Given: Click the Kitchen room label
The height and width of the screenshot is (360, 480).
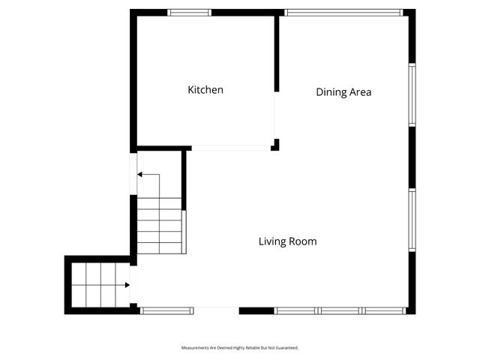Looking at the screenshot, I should (205, 90).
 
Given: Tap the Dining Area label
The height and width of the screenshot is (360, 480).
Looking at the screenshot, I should (343, 92).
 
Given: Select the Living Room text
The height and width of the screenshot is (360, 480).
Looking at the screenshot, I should (287, 241).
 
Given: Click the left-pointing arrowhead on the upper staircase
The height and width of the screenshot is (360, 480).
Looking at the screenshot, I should (140, 175).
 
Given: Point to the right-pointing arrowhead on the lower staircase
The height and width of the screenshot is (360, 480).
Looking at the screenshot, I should (127, 285).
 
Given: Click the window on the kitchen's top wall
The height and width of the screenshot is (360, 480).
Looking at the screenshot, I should (189, 13).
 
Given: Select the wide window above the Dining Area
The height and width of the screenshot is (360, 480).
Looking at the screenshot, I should (344, 13).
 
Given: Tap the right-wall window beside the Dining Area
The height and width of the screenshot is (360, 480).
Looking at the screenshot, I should (412, 94).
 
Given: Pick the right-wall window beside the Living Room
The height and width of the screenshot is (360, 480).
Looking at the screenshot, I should (412, 220).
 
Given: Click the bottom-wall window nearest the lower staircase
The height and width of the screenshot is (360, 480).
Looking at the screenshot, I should (168, 310).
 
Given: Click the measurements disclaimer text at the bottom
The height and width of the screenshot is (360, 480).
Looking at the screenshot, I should (240, 348).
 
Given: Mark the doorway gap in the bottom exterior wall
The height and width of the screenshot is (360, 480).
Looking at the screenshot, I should (217, 310).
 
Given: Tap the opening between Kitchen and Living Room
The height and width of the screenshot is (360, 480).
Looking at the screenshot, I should (231, 148).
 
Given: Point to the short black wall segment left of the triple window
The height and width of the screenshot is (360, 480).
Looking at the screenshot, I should (256, 310).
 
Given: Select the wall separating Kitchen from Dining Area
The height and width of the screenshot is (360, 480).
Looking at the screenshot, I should (277, 52).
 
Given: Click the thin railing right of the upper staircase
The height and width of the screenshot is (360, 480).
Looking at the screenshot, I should (184, 232).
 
